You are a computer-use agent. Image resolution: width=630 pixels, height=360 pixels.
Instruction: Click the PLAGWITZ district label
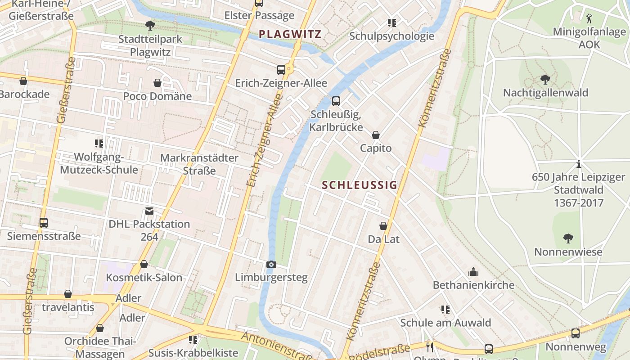point(290,34)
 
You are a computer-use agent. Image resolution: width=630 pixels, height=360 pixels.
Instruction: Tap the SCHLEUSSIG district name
point(360,185)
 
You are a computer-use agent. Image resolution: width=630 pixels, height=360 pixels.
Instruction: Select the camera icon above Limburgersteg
point(271,264)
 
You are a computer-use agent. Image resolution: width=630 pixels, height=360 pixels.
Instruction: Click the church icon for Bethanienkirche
point(473,272)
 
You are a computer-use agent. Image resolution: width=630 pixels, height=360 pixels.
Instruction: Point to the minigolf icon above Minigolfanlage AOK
point(589,18)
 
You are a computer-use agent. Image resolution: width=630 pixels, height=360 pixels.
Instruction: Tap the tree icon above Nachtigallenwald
point(545,80)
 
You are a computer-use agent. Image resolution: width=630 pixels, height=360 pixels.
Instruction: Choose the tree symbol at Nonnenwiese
point(568,238)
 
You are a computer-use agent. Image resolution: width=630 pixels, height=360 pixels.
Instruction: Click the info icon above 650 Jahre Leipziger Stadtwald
point(579,164)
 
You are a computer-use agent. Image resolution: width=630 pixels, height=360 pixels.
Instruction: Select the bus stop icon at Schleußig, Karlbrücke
point(336,101)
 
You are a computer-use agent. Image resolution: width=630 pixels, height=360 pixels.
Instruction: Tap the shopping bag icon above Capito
point(375,135)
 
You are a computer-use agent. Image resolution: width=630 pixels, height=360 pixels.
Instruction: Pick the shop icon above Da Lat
point(383,226)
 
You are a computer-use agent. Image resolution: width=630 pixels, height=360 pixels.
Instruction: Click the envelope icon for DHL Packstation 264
point(149,211)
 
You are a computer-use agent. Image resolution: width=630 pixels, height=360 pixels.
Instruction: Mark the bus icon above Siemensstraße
point(44,222)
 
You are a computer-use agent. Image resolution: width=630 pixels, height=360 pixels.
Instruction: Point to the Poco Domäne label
point(157,96)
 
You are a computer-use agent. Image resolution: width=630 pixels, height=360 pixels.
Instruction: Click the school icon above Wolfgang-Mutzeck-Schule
point(99,144)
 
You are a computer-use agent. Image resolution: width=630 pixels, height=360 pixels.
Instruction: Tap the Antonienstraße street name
point(277,346)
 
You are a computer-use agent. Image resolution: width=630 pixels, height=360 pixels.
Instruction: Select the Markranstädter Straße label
point(199,164)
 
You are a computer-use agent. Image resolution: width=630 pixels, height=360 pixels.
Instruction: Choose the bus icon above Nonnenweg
point(575,333)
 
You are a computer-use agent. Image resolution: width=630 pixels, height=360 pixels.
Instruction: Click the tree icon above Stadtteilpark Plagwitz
point(150,26)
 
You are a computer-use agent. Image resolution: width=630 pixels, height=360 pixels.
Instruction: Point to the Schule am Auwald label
point(445,323)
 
